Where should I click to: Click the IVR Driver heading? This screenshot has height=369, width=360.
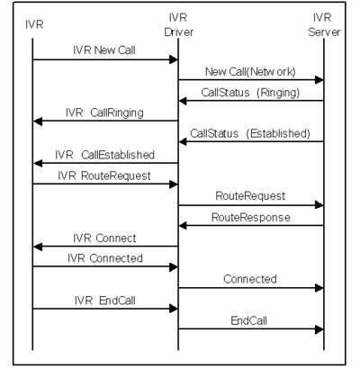point(178,24)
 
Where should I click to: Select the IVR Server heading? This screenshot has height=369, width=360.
point(324,24)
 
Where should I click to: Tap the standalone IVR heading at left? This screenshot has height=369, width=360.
point(34,24)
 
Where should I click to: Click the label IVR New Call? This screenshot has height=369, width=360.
point(104,50)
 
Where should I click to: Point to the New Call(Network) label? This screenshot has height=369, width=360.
point(250,72)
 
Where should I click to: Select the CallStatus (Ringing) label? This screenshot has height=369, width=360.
point(250,93)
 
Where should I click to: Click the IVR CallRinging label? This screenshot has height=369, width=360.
point(104,112)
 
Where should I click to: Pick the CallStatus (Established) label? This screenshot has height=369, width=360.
point(250,133)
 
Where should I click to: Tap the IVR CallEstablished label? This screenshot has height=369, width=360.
point(104,155)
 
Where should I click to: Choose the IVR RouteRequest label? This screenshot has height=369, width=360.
point(104,175)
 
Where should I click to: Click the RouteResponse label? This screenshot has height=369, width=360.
point(251,217)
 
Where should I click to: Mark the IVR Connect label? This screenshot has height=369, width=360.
point(104,238)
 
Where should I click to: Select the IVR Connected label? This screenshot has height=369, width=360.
point(105,258)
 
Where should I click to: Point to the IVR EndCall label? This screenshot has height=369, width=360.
point(105,301)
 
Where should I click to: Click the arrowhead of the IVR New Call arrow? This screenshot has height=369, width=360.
point(174,59)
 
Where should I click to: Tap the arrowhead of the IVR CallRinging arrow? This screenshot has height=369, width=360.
point(38,121)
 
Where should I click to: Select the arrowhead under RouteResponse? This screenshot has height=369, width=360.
point(183,226)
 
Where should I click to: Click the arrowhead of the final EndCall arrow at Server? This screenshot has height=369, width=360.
point(319,329)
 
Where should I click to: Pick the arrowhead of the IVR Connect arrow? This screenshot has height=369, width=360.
point(38,247)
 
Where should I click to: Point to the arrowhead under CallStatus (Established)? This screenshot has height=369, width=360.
point(183,141)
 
